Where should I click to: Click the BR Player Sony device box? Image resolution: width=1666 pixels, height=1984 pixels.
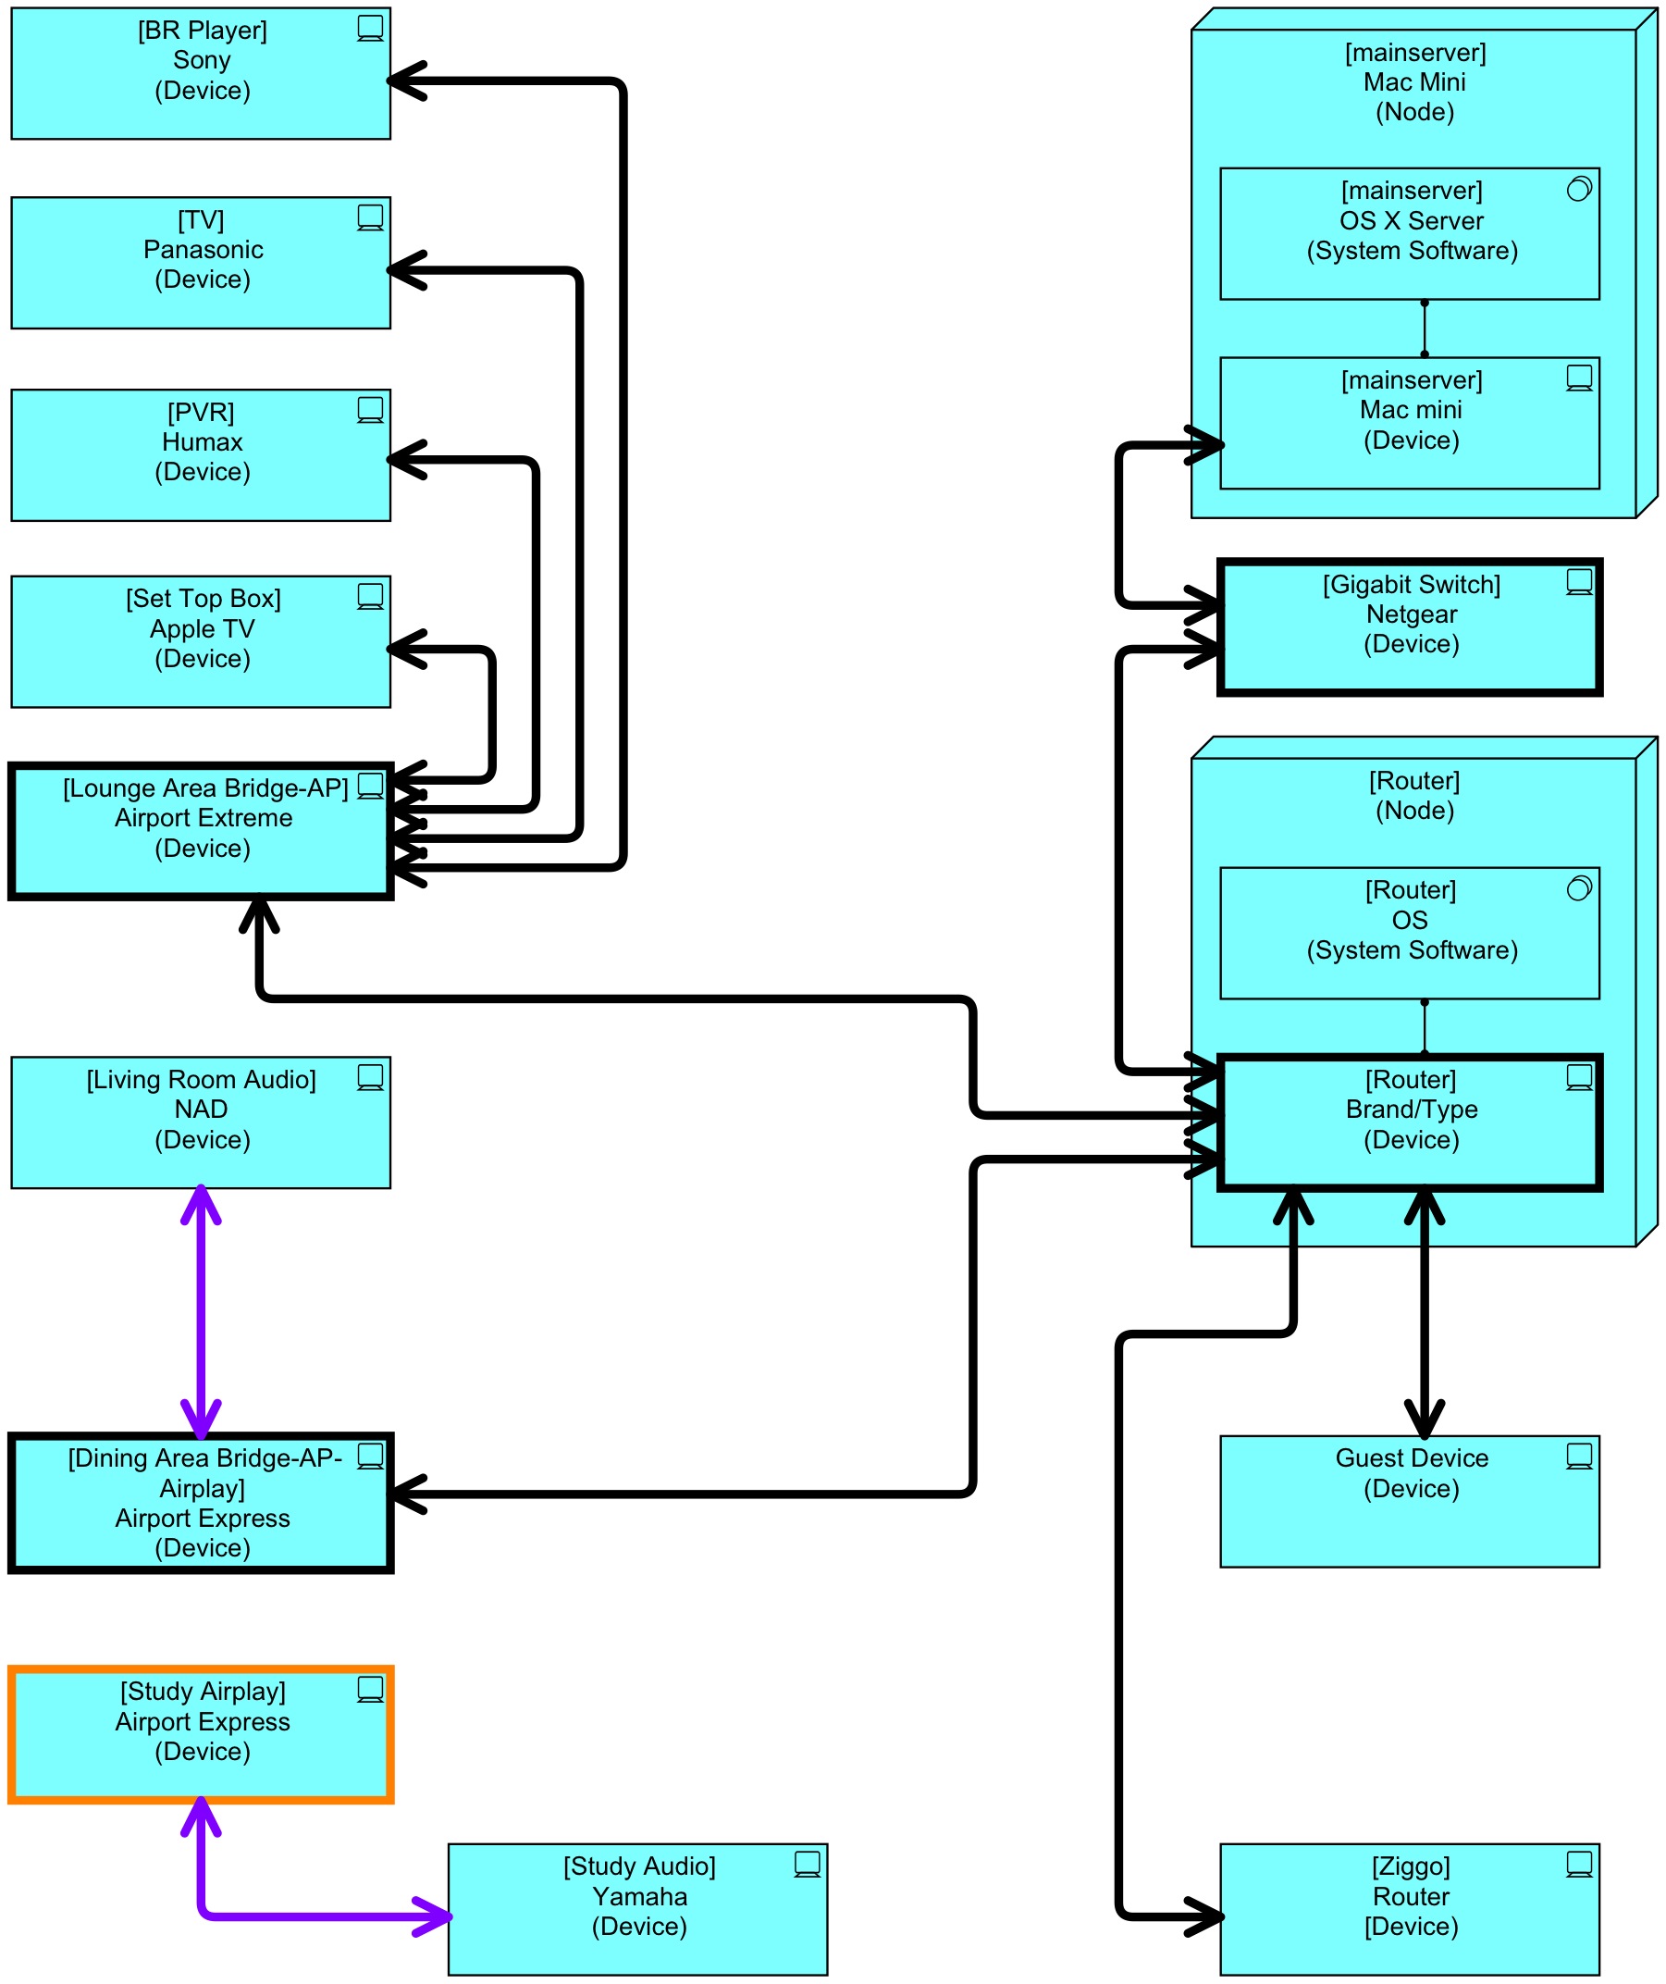click(x=200, y=74)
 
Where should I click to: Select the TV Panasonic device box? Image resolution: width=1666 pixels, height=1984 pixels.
click(x=200, y=263)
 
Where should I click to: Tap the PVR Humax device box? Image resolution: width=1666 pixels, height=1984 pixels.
click(x=200, y=454)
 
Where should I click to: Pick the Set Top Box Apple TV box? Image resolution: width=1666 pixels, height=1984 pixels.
click(x=200, y=641)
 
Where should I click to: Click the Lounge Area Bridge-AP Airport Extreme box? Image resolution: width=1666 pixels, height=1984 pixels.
click(x=200, y=830)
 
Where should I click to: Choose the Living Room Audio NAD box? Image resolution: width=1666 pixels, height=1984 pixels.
click(x=200, y=1122)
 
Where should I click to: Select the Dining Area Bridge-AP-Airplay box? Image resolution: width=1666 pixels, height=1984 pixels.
click(x=200, y=1502)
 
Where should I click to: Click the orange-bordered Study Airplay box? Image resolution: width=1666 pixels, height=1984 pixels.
click(x=200, y=1733)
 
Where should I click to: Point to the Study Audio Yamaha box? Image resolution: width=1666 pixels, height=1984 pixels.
click(x=637, y=1908)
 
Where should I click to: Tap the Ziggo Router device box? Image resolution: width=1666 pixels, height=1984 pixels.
click(x=1409, y=1908)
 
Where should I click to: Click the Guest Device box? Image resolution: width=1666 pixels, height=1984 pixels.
click(x=1409, y=1501)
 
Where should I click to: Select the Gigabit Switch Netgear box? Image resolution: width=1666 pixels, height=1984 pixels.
click(x=1409, y=627)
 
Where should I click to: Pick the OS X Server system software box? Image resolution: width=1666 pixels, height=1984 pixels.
click(x=1409, y=233)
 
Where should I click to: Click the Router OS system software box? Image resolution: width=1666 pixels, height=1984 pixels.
click(x=1409, y=933)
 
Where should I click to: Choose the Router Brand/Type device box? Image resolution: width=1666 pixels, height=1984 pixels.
click(x=1409, y=1122)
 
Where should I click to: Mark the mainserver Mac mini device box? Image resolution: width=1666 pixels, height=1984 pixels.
click(x=1409, y=422)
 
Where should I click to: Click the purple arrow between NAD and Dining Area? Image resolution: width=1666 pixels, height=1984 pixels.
click(x=201, y=1310)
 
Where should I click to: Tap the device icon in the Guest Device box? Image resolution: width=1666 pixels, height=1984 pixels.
click(x=1579, y=1456)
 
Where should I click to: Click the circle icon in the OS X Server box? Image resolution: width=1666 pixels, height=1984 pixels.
click(x=1579, y=189)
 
